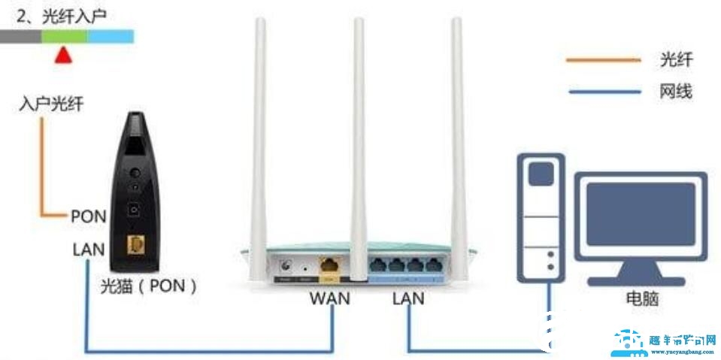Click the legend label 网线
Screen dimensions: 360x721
[x=675, y=92]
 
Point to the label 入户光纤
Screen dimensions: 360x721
[x=51, y=104]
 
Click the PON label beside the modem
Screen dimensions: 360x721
[x=88, y=216]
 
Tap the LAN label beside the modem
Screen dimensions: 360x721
[x=88, y=249]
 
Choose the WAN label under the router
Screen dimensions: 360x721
[x=330, y=298]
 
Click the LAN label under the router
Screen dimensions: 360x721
[x=408, y=298]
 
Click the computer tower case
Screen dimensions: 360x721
[x=541, y=214]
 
